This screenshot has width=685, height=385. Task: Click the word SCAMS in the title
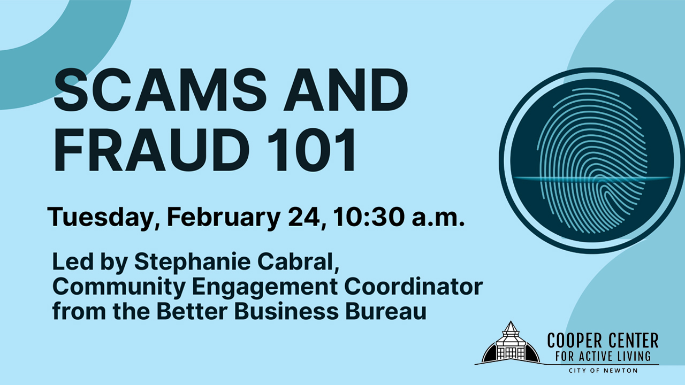coord(160,90)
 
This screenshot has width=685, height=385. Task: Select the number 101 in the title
coord(311,150)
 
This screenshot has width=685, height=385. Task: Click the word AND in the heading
coord(346,90)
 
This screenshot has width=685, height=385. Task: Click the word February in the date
coord(224,218)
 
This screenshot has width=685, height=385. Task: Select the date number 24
coord(303,217)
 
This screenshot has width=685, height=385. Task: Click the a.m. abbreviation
coord(438,218)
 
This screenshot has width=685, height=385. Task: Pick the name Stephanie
coord(192,263)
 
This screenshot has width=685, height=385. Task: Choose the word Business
coord(286,311)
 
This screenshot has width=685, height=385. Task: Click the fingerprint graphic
coord(591,161)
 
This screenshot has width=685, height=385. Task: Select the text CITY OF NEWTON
coord(603,371)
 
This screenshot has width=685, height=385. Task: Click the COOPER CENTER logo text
coord(603,341)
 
